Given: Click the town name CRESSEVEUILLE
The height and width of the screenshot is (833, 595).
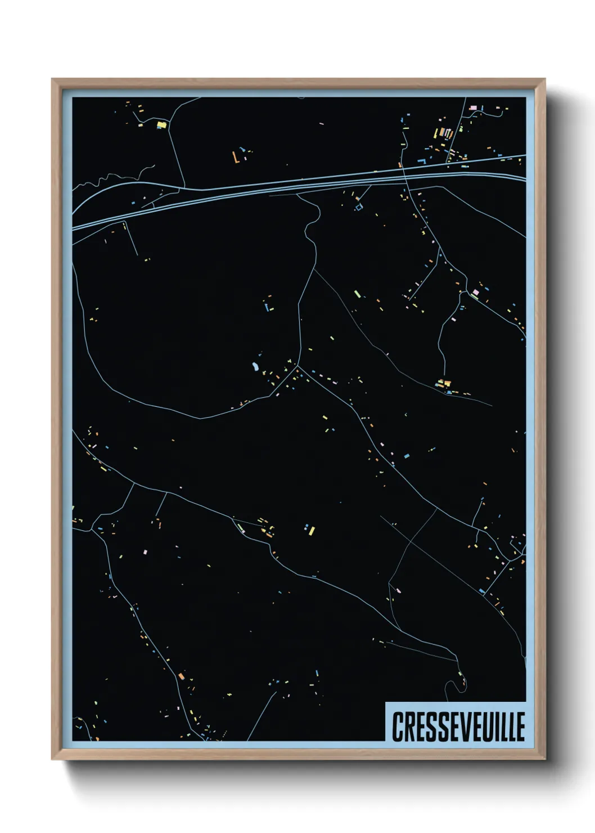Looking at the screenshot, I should pos(458,727).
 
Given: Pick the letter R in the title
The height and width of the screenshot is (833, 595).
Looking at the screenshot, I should pos(409,727).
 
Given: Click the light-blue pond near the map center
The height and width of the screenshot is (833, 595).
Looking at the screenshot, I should pos(255,368).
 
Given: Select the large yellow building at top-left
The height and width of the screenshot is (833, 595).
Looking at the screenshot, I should pos(161,124).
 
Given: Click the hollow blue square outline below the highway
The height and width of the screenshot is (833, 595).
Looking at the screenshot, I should pos(358,208).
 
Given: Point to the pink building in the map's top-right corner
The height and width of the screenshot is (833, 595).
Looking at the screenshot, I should pos(473,107).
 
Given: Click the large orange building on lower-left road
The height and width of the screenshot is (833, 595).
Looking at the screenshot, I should pos(181,675).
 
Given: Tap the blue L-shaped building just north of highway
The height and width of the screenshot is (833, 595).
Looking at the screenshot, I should pos(421,160).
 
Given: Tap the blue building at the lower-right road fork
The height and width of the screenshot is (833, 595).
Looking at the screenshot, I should pos(482,591).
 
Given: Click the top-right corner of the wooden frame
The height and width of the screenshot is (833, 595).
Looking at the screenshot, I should pos(543,80).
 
